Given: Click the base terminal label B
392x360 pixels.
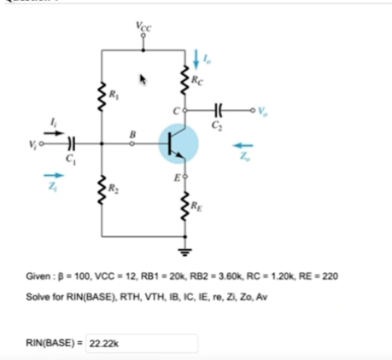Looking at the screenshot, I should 132,133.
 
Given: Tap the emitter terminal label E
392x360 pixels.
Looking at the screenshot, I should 175,177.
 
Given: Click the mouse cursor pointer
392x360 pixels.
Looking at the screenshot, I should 144,80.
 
